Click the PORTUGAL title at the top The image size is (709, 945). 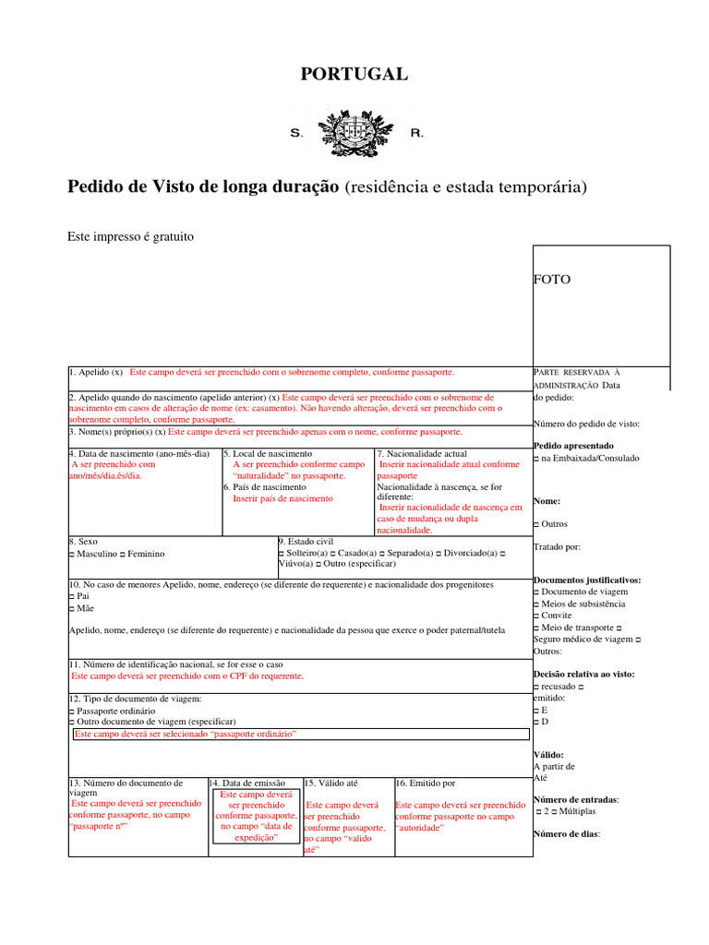coord(354,75)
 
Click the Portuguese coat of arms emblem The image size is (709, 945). coord(354,132)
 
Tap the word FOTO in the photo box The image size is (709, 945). coord(552,279)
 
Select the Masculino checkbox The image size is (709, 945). coord(72,554)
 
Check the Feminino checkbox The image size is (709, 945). coord(123,554)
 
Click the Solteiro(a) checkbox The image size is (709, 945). coord(281,553)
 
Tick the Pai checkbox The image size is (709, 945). coord(72,597)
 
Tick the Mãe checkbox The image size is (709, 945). coord(72,609)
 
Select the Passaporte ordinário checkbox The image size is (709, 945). coord(72,712)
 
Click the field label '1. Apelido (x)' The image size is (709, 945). coord(96,372)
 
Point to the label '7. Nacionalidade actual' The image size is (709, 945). coord(421,454)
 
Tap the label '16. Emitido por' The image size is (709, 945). coord(426,784)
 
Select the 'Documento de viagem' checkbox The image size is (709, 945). coord(536,592)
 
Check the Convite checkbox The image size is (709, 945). coord(536,616)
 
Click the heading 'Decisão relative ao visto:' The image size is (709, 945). coord(583,675)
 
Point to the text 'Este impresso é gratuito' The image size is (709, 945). coord(130,237)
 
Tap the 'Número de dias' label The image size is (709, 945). coord(566,834)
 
